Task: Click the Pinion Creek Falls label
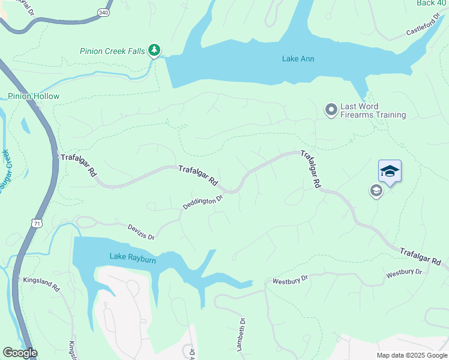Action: [112, 51]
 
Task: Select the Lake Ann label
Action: [298, 59]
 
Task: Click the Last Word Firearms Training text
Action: [373, 110]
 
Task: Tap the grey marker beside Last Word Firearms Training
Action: [331, 110]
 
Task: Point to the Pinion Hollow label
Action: [34, 96]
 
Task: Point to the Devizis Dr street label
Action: [141, 231]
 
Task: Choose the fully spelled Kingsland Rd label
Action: [41, 284]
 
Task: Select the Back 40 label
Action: [432, 3]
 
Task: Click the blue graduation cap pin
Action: [390, 172]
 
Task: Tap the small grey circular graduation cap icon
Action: [376, 191]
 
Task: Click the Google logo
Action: [20, 353]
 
